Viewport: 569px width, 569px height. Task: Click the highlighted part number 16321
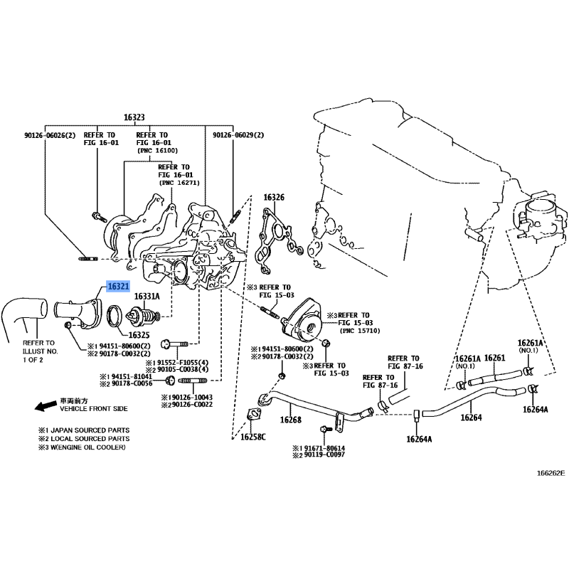click(118, 287)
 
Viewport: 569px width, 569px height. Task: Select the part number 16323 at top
click(134, 117)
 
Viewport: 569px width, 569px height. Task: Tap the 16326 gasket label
click(274, 198)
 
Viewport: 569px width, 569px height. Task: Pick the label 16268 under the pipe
click(291, 420)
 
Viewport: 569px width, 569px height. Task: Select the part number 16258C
click(253, 437)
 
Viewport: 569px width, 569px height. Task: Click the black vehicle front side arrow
click(46, 405)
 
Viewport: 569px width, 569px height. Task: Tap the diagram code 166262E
click(551, 473)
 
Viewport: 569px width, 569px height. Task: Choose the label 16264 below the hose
click(471, 418)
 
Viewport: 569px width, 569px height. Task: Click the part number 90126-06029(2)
click(238, 135)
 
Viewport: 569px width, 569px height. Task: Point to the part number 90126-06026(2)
click(50, 135)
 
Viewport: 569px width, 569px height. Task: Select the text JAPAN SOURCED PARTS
click(90, 430)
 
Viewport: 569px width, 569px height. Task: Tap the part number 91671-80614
click(324, 448)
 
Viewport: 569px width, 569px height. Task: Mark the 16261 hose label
click(494, 358)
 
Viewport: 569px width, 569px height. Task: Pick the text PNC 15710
click(360, 331)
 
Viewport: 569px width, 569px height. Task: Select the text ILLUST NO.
click(41, 351)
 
